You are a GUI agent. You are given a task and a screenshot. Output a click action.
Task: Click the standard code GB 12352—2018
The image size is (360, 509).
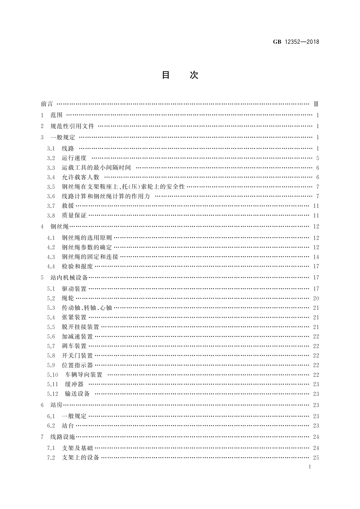[296, 42]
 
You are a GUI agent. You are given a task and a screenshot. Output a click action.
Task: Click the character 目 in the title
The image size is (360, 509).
[166, 75]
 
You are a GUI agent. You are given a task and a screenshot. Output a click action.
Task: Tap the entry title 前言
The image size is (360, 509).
[47, 104]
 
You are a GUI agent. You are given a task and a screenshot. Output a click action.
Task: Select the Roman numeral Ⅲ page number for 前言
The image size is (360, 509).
[316, 104]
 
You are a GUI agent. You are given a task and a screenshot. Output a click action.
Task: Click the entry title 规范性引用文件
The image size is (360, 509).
[72, 126]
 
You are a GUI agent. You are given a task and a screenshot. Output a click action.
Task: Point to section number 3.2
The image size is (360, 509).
[51, 158]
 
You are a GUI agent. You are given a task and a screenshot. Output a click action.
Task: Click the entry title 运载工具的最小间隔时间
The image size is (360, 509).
[96, 168]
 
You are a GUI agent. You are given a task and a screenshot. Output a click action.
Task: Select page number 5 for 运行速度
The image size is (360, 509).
[317, 158]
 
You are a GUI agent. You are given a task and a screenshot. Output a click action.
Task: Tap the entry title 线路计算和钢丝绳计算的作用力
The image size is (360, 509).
[106, 196]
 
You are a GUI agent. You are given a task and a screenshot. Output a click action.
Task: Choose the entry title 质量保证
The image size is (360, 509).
[74, 216]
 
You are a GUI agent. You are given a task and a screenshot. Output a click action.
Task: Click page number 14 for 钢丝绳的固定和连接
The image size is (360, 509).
[316, 257]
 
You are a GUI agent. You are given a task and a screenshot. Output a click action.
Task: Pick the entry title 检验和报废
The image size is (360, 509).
[77, 267]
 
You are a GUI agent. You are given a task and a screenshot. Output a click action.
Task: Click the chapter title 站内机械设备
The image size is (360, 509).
[69, 277]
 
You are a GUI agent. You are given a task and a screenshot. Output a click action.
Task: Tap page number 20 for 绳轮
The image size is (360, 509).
[316, 298]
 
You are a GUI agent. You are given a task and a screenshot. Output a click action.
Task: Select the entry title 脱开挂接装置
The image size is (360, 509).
[80, 327]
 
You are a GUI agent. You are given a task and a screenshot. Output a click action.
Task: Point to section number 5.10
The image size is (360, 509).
[52, 375]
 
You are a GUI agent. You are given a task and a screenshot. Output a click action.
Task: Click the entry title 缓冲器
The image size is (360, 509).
[74, 384]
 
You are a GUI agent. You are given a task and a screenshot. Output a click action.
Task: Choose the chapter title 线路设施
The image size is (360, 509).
[63, 437]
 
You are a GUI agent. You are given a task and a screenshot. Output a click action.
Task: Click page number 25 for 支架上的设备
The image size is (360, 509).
[316, 458]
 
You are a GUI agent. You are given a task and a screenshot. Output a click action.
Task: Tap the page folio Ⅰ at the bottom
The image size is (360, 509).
[310, 467]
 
